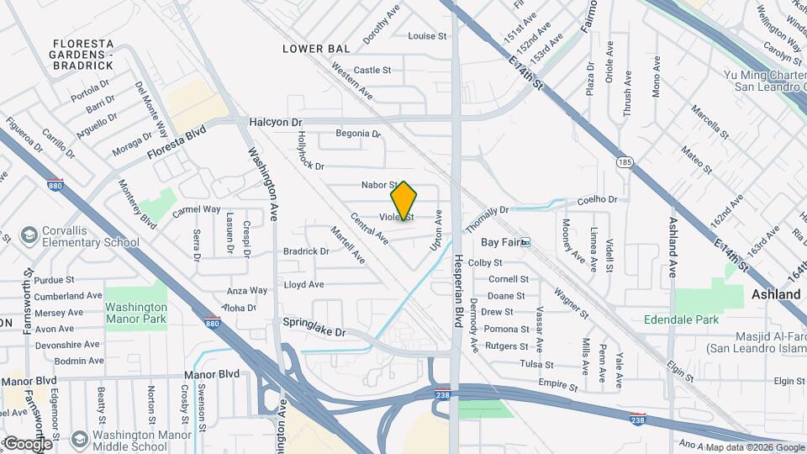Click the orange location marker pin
(403, 201)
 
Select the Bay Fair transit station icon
(525, 242)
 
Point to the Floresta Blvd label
(177, 149)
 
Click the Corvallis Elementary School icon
(29, 232)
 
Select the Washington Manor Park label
(136, 313)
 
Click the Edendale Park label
(681, 319)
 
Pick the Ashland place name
(775, 295)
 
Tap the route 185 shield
(624, 161)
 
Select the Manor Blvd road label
(203, 374)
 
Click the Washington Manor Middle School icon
(80, 438)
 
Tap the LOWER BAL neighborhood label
(316, 49)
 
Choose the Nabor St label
(378, 184)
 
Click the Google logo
(27, 443)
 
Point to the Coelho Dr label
(597, 200)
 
